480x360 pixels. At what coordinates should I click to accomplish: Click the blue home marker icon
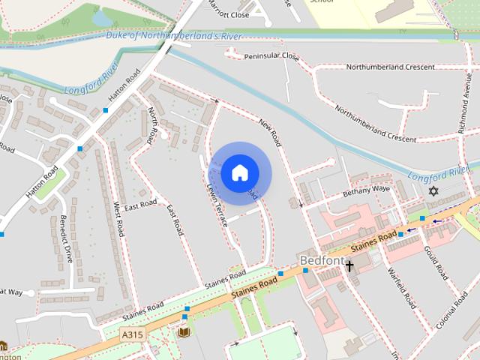point(240,173)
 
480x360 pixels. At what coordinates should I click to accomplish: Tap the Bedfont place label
point(321,261)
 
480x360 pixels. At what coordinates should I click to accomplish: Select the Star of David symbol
point(432,191)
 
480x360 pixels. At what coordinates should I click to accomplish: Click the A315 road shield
point(132,334)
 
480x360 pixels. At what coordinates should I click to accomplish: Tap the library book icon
point(184,331)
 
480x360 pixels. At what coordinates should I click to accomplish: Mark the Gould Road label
point(436,260)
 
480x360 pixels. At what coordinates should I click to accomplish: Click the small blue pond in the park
point(101,16)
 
